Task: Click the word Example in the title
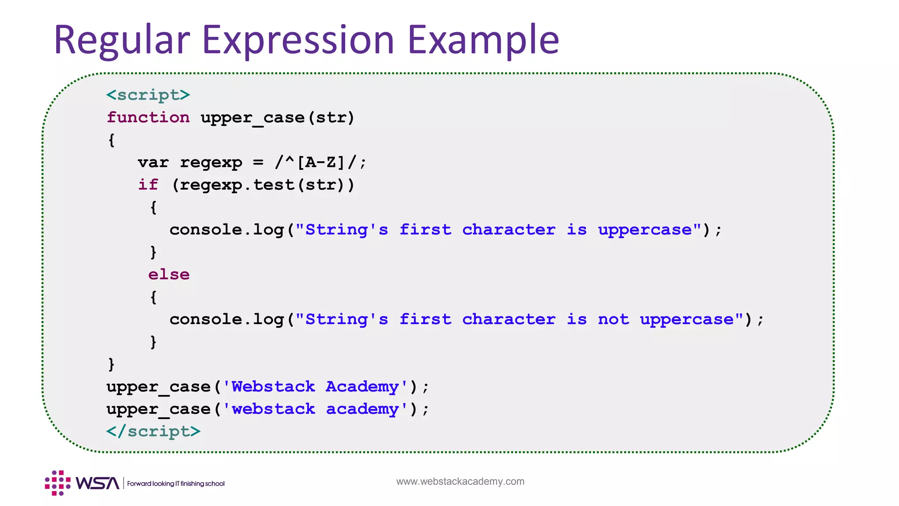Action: coord(483,40)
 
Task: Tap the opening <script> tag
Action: coord(148,95)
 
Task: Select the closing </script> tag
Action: coord(153,431)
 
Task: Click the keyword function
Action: coord(148,118)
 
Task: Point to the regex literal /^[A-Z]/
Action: coord(320,163)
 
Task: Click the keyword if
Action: coord(148,185)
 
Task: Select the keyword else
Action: coord(169,275)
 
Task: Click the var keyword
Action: coord(153,163)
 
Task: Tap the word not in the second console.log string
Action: coord(613,319)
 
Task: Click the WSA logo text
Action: coord(97,483)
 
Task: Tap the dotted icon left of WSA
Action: coord(58,483)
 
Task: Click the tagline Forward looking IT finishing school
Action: coord(176,484)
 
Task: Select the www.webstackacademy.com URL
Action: coord(460,481)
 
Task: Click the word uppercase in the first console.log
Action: coord(645,230)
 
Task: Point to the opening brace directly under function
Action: coord(111,141)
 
